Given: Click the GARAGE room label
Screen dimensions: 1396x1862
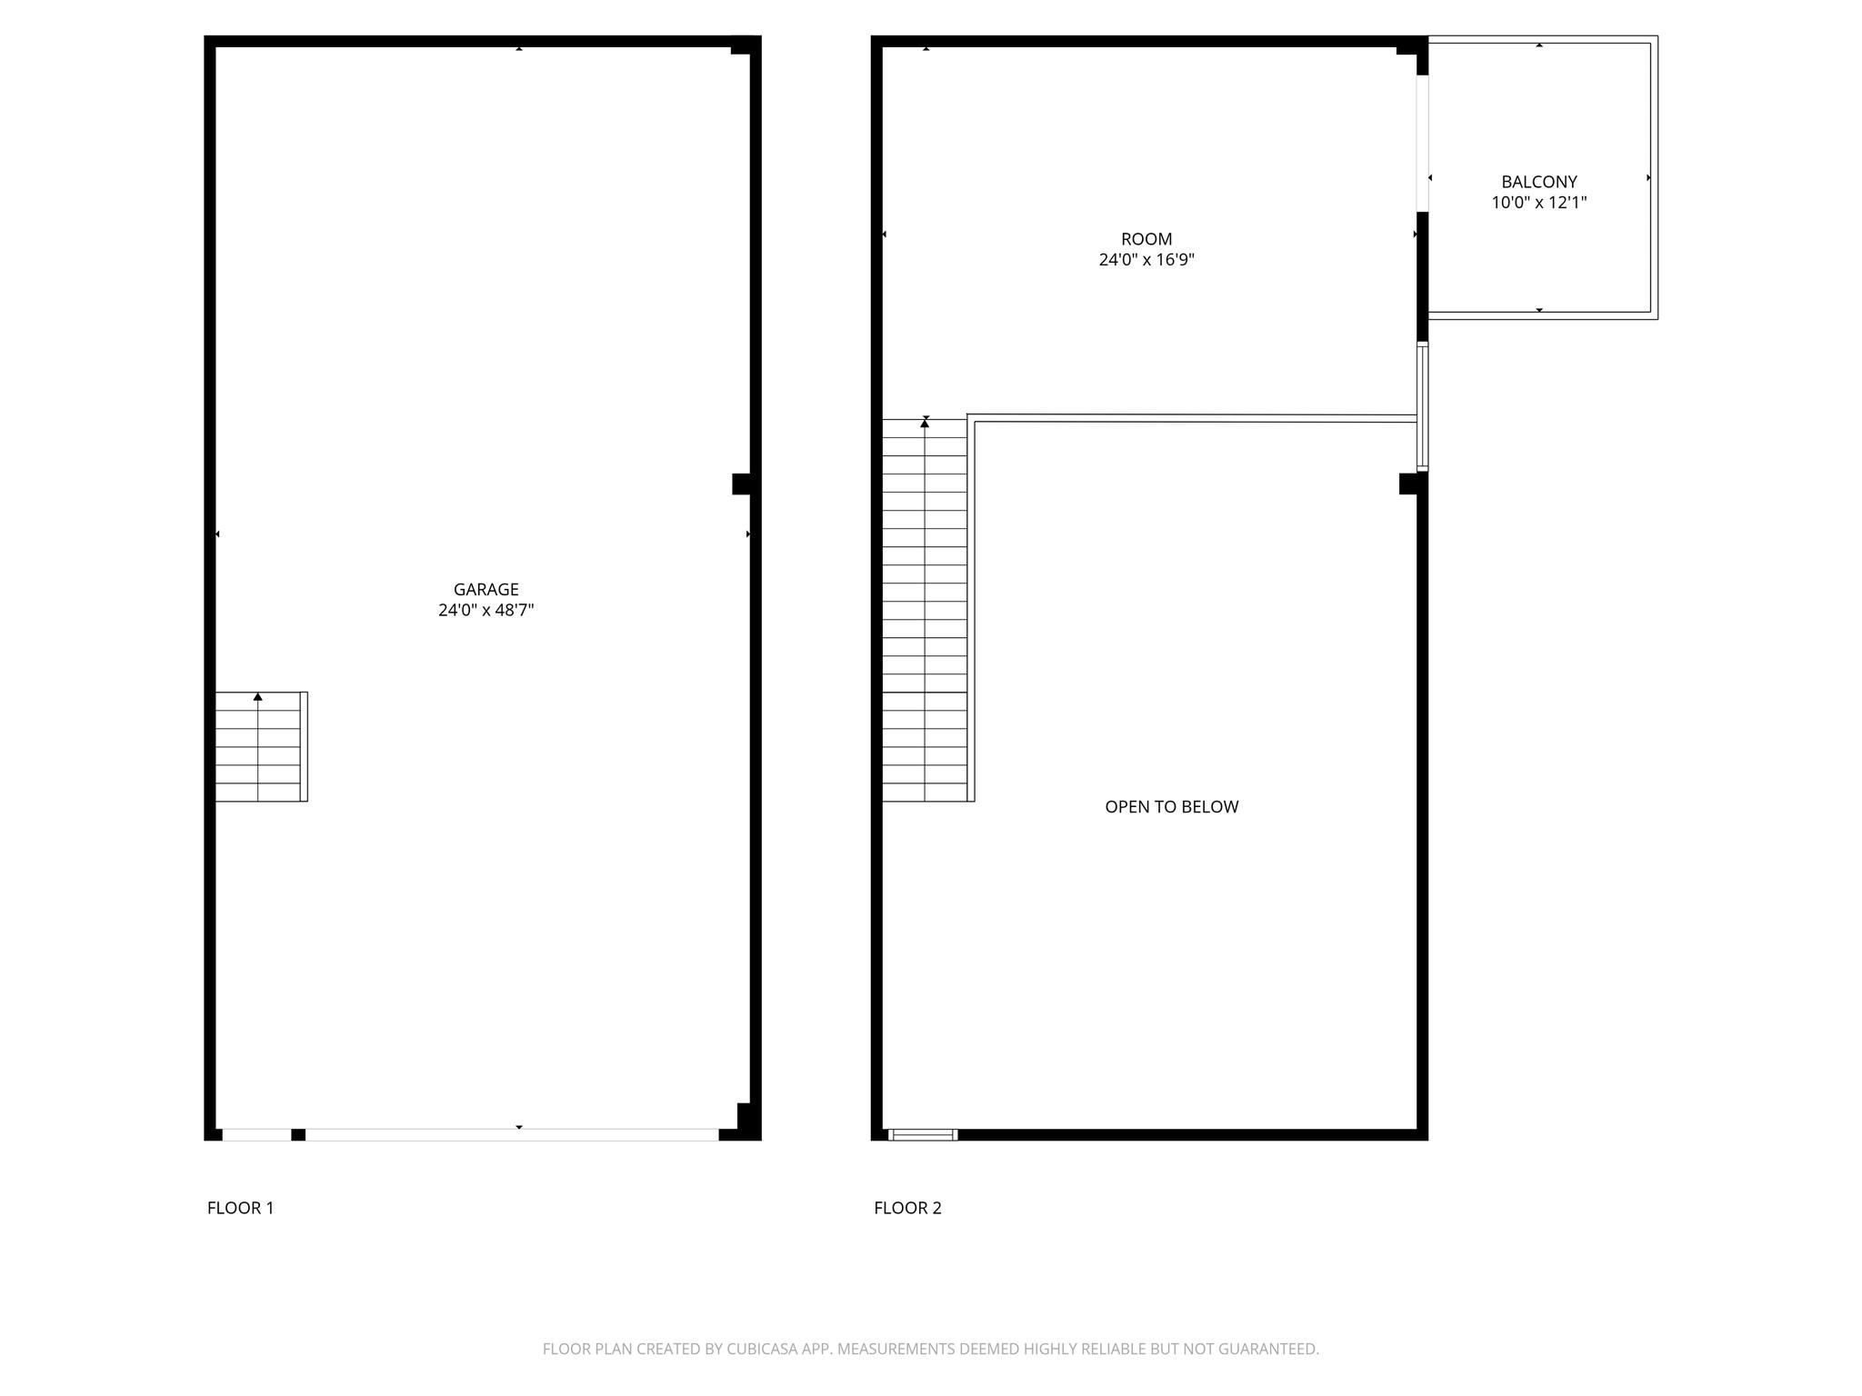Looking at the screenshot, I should coord(486,589).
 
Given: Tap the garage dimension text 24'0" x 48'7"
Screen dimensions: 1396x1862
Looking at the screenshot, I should coord(486,610).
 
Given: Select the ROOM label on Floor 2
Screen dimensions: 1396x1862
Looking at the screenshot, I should coord(1146,239).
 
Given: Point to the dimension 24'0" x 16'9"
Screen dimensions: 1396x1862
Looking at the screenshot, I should coord(1146,260).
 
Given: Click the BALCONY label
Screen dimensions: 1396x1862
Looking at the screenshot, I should coord(1538,182).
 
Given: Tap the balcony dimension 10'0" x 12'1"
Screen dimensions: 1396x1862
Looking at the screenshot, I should coord(1538,203).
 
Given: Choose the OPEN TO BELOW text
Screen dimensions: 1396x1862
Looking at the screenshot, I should coord(1171,807).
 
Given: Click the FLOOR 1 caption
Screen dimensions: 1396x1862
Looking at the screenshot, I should coord(240,1208).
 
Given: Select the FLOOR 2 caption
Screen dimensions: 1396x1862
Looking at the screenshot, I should coord(907,1208).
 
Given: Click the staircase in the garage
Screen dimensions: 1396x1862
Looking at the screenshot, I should coord(259,747).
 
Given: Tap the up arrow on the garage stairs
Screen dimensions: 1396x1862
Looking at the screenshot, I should coord(258,697).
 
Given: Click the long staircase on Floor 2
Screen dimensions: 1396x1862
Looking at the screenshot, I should coord(925,610).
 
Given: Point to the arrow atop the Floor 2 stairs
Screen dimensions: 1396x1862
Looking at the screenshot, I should coord(925,423).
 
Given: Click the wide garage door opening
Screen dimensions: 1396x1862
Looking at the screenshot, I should coord(512,1134).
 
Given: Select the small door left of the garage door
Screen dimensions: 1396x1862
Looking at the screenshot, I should coord(256,1134).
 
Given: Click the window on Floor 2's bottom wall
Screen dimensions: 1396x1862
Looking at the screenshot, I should coord(923,1134).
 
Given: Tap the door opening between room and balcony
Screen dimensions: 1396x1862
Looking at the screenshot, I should coord(1423,144).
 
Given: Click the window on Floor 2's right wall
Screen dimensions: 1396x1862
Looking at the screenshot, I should coord(1423,406).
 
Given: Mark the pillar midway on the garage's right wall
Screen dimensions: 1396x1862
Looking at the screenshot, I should coord(742,484).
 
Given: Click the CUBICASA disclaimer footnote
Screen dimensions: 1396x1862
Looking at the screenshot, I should coord(930,1349).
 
